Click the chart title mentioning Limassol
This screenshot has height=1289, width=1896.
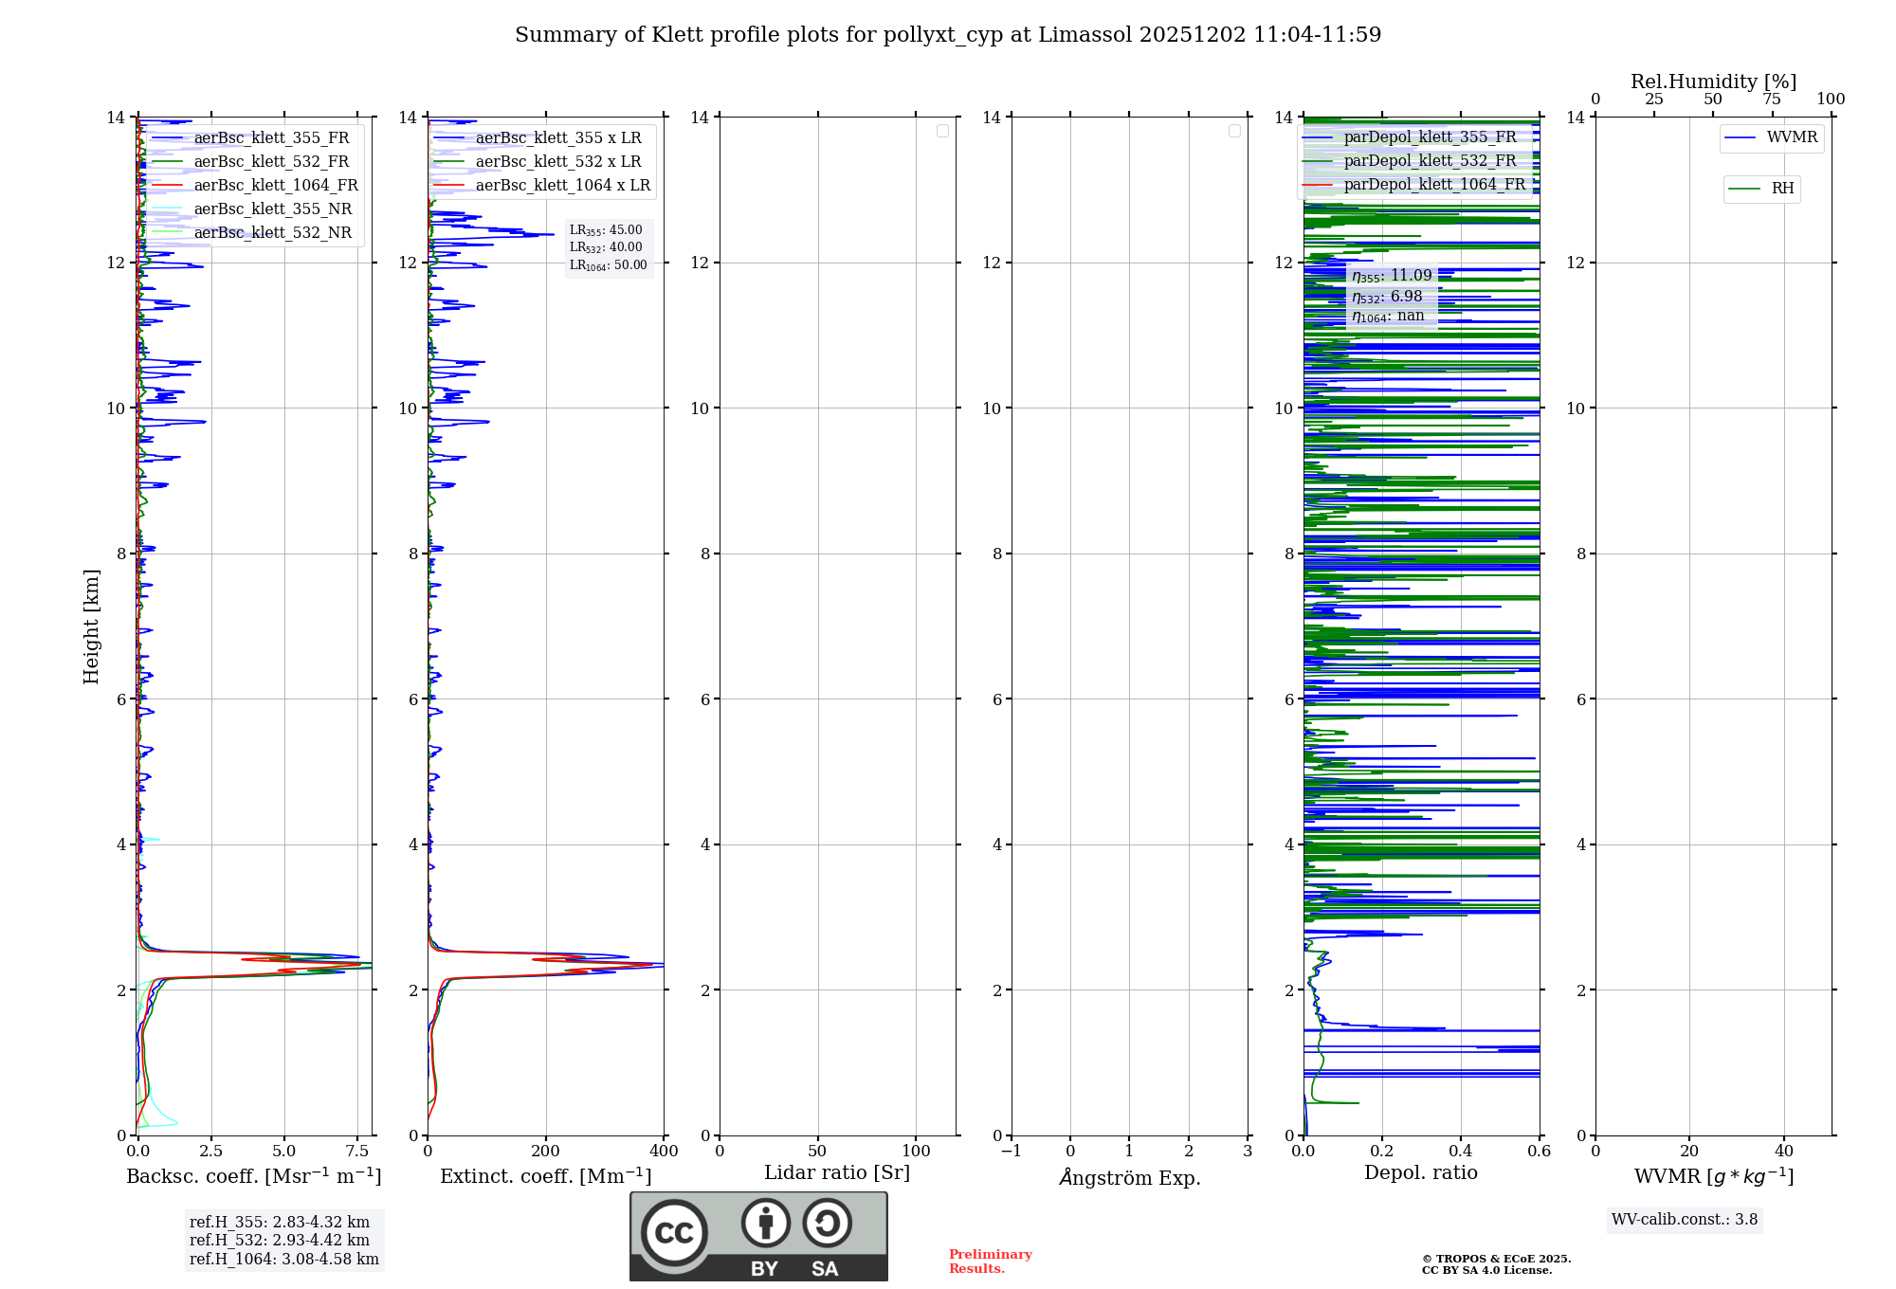point(948,35)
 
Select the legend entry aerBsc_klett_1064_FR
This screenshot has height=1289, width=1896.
point(275,186)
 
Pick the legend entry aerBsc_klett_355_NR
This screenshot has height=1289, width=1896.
point(272,209)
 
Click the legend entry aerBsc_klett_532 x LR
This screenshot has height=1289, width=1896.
point(557,162)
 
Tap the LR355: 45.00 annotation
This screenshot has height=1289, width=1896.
point(606,230)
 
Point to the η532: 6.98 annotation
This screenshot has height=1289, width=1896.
point(1387,297)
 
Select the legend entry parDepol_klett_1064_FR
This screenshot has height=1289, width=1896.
point(1433,185)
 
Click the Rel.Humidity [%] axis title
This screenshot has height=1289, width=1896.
point(1713,82)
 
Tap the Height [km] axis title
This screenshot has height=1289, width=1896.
point(91,626)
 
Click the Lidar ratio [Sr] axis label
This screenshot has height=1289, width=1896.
point(837,1173)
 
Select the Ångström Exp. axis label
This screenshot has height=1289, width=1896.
point(1130,1178)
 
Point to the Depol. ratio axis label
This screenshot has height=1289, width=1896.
point(1420,1173)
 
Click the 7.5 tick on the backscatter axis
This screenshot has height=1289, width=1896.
point(357,1152)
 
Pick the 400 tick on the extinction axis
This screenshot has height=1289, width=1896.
point(664,1152)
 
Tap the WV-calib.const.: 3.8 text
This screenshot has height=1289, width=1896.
point(1685,1220)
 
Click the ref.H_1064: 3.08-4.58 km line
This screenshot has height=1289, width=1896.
point(284,1260)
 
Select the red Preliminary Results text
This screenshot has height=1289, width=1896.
point(990,1262)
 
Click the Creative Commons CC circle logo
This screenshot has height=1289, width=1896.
point(674,1233)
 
